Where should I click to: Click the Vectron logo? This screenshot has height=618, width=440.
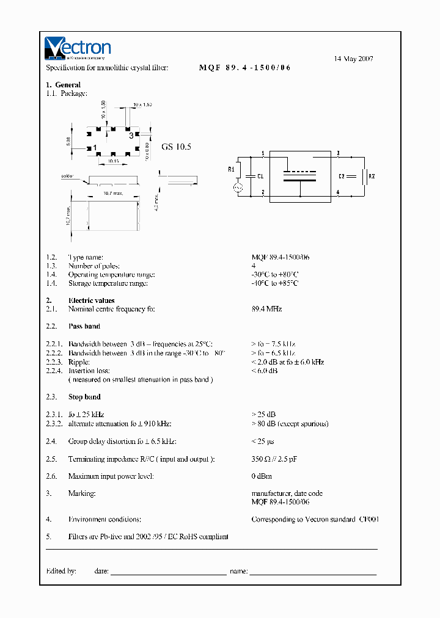(77, 48)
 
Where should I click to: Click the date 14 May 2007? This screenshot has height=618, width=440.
(353, 59)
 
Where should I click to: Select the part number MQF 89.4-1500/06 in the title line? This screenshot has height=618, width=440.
(244, 68)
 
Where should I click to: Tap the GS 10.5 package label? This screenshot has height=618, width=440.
(177, 147)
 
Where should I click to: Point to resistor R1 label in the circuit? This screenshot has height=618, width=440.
(231, 169)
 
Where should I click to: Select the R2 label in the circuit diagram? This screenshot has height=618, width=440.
(372, 176)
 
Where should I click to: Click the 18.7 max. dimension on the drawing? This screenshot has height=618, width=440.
(112, 192)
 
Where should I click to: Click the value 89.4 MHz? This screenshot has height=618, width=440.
(266, 309)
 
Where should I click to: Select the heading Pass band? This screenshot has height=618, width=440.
(84, 327)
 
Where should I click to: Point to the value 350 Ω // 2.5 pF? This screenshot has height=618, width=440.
(274, 459)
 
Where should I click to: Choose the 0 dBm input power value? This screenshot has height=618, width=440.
(262, 476)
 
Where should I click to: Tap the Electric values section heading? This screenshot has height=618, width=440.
(91, 300)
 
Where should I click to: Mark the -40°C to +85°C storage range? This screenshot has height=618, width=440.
(275, 283)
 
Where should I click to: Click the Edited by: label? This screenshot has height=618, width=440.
(61, 571)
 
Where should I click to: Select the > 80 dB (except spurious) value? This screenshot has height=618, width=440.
(290, 423)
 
